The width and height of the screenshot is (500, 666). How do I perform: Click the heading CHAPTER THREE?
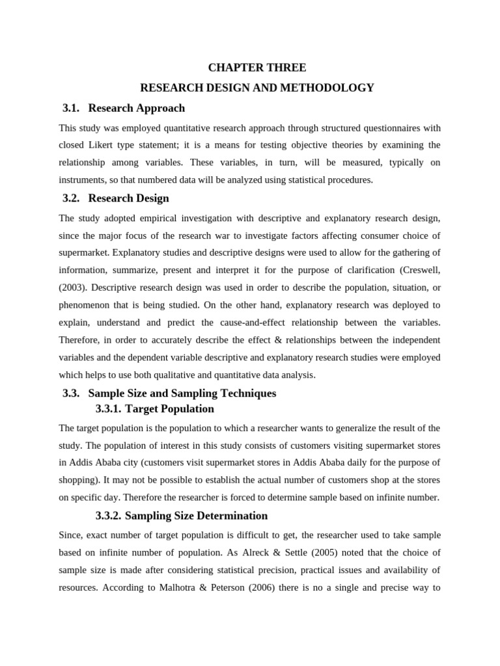pyautogui.click(x=257, y=68)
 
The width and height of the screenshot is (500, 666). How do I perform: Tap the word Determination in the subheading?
pyautogui.click(x=227, y=516)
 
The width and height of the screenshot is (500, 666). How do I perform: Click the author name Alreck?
pyautogui.click(x=265, y=553)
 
